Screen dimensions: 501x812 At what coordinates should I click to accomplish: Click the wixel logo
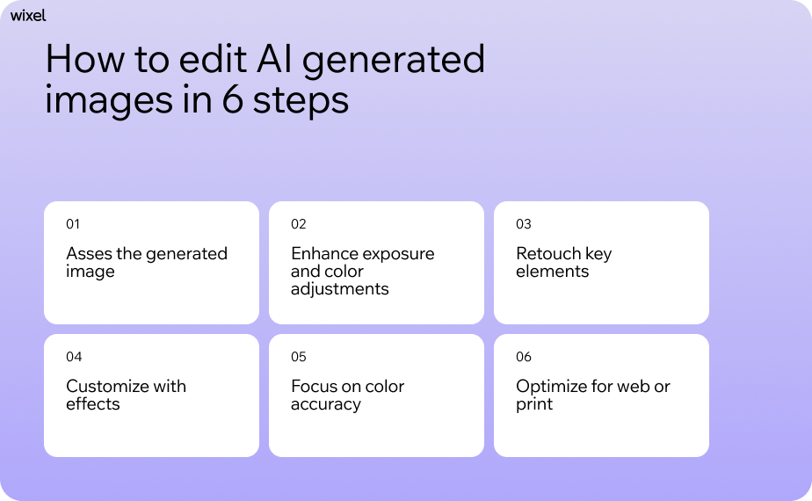pos(28,15)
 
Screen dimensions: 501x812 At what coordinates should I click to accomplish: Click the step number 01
pos(73,224)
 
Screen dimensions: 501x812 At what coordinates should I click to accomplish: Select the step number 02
pos(299,224)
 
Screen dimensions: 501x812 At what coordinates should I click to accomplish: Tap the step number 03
pos(524,224)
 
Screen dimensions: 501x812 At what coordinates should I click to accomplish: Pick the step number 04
pos(74,357)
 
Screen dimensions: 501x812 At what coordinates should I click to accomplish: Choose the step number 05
pos(299,357)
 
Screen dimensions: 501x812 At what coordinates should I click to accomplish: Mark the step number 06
pos(524,357)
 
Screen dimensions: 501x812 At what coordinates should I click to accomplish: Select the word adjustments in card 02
pos(339,289)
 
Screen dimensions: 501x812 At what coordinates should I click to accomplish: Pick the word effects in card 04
pos(92,404)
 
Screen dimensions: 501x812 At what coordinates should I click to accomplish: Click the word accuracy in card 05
pos(325,405)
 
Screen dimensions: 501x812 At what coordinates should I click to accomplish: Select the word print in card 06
pos(534,404)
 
